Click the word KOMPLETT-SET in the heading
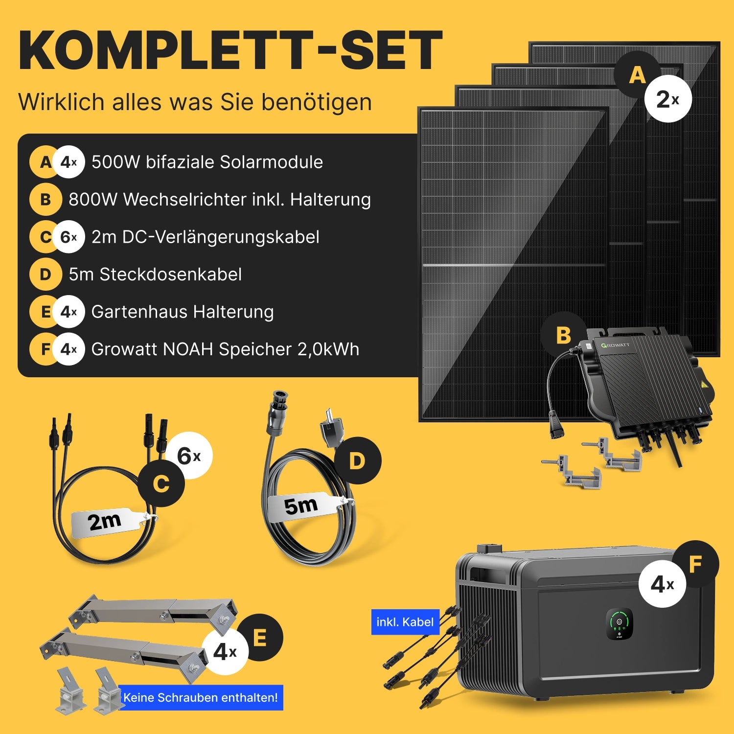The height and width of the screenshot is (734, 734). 230,50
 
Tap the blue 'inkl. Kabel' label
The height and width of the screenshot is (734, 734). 405,622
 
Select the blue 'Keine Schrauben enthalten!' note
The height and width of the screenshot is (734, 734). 201,697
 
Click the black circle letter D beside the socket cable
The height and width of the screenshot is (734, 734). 358,461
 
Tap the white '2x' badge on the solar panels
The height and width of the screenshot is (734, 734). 668,99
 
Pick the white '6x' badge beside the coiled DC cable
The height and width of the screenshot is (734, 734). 189,456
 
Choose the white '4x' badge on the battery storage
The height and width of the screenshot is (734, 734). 663,584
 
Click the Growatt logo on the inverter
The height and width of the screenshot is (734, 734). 616,345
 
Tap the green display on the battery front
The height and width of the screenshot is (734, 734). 619,623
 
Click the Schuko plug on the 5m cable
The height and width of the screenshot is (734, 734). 331,427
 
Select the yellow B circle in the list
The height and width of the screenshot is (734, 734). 46,200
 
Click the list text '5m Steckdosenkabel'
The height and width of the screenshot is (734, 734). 155,275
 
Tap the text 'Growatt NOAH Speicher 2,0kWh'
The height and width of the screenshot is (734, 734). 226,349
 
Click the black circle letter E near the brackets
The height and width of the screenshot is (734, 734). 260,638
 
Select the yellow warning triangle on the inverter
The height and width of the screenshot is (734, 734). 704,384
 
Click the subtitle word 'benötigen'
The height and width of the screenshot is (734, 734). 317,102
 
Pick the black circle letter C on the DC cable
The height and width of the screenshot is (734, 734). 161,484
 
